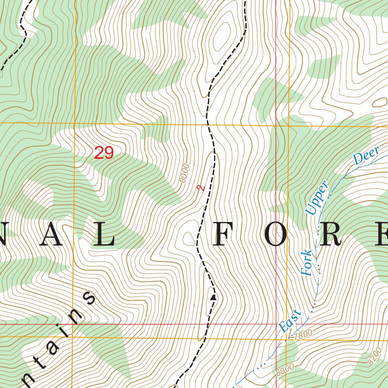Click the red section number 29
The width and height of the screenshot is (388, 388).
(x=103, y=153)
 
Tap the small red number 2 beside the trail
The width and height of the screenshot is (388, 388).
(x=201, y=188)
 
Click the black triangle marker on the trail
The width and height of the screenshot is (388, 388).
(x=213, y=298)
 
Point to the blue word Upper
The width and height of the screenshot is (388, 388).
(x=316, y=198)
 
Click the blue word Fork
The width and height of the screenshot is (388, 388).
(x=306, y=263)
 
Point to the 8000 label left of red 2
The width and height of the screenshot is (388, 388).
(x=184, y=173)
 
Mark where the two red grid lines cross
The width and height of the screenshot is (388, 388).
(x=276, y=324)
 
